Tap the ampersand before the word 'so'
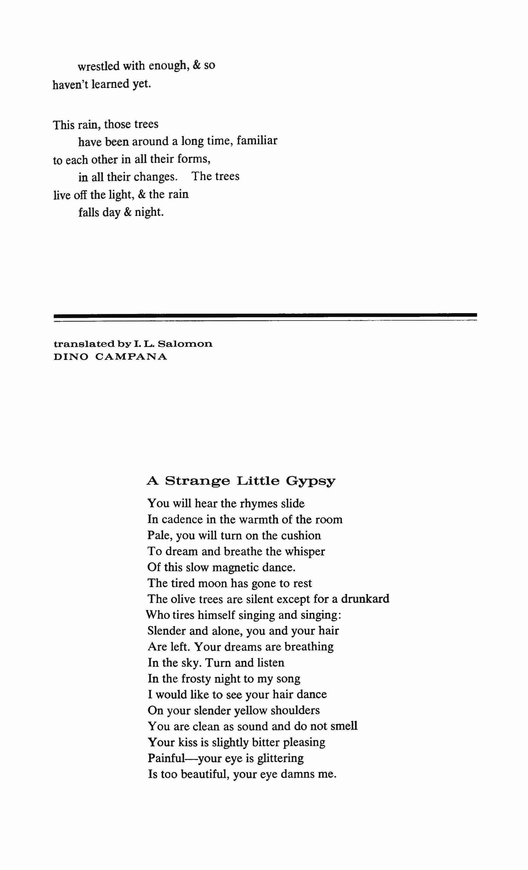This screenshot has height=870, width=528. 197,66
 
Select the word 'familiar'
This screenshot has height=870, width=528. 257,141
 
